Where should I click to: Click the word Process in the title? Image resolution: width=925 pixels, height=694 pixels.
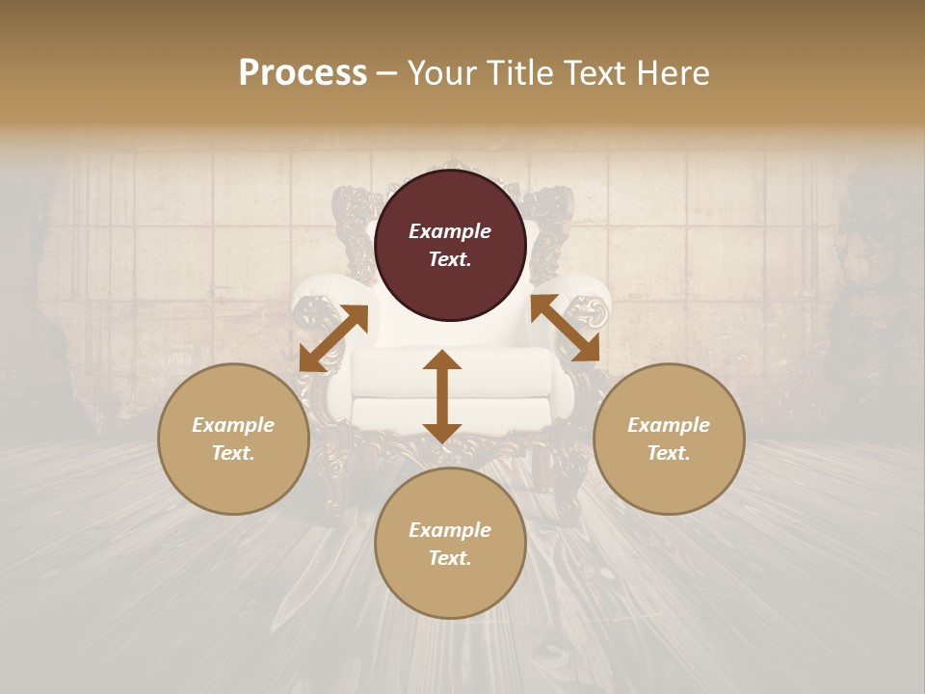(303, 73)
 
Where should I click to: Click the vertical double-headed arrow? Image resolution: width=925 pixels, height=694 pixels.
(442, 396)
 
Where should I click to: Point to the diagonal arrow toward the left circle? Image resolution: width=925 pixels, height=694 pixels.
(333, 338)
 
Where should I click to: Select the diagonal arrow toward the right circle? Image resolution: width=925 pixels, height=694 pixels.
(565, 329)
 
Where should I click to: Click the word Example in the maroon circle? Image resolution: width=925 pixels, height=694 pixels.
(450, 231)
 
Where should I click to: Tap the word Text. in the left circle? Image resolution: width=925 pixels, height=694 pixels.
(233, 453)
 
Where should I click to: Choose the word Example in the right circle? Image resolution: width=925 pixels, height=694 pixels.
(669, 425)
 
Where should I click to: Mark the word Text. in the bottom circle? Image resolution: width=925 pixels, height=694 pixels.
(450, 558)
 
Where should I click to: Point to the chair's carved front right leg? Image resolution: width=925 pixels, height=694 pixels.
(564, 482)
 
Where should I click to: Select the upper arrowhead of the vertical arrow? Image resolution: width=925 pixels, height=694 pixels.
(442, 361)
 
